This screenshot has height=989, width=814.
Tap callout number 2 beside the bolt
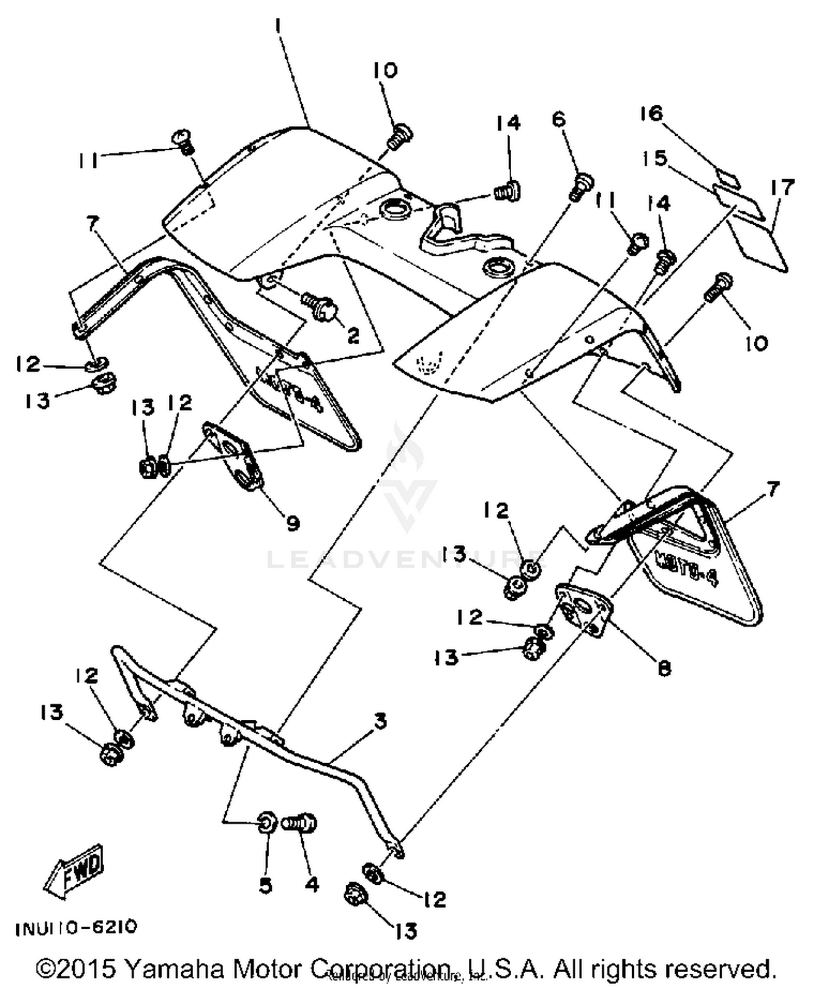pos(353,336)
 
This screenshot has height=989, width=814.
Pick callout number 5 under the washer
pos(265,885)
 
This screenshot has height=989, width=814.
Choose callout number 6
pos(558,119)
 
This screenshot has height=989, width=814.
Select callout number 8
pos(664,667)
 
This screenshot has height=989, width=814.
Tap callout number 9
pos(293,523)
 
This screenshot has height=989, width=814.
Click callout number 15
pos(654,159)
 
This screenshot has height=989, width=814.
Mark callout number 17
pos(782,188)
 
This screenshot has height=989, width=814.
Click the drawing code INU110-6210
pos(76,927)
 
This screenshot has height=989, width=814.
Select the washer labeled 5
pos(268,822)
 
